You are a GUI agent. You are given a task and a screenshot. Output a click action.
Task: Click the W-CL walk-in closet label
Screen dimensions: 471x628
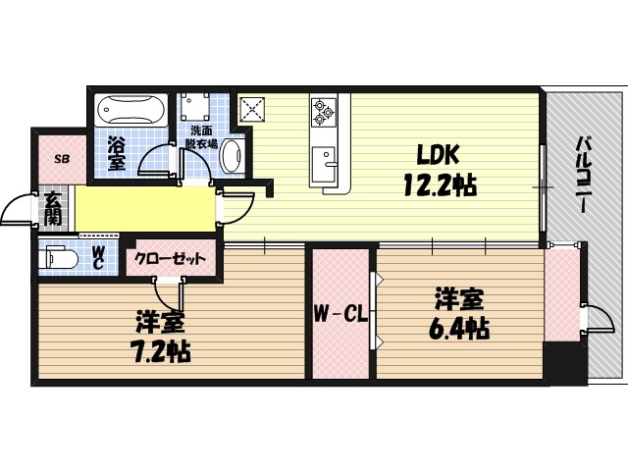click(x=340, y=315)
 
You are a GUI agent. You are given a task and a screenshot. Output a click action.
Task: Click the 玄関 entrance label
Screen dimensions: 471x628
click(x=53, y=208)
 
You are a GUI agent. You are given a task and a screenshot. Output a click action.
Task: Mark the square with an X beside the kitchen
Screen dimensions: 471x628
click(x=255, y=109)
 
